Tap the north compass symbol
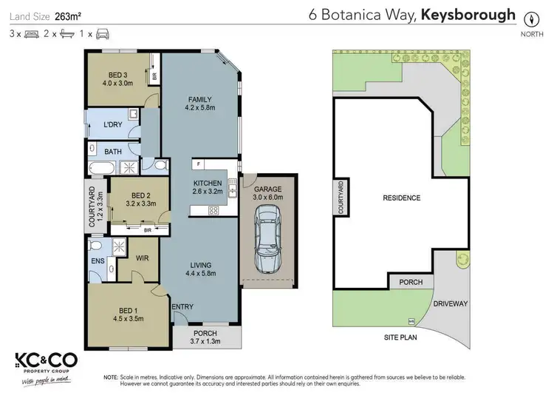coord(530,20)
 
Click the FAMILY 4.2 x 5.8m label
coord(200,104)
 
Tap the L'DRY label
coord(112,124)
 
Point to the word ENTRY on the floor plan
coord(182,306)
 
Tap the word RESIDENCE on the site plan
coord(401,198)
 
